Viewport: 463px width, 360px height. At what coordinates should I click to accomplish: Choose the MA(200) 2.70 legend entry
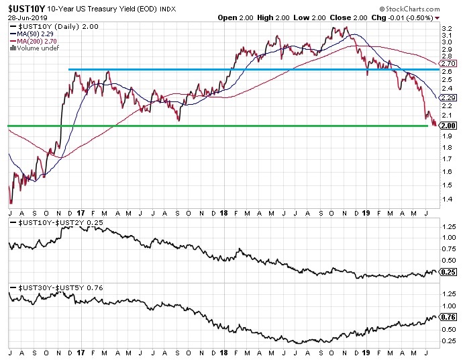[41, 41]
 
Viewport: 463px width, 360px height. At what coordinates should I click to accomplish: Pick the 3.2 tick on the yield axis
[446, 28]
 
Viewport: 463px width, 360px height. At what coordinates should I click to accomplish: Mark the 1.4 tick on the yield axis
[446, 199]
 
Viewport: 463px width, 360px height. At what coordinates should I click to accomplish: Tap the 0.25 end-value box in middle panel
[448, 272]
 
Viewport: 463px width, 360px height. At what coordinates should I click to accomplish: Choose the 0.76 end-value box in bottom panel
[448, 316]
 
